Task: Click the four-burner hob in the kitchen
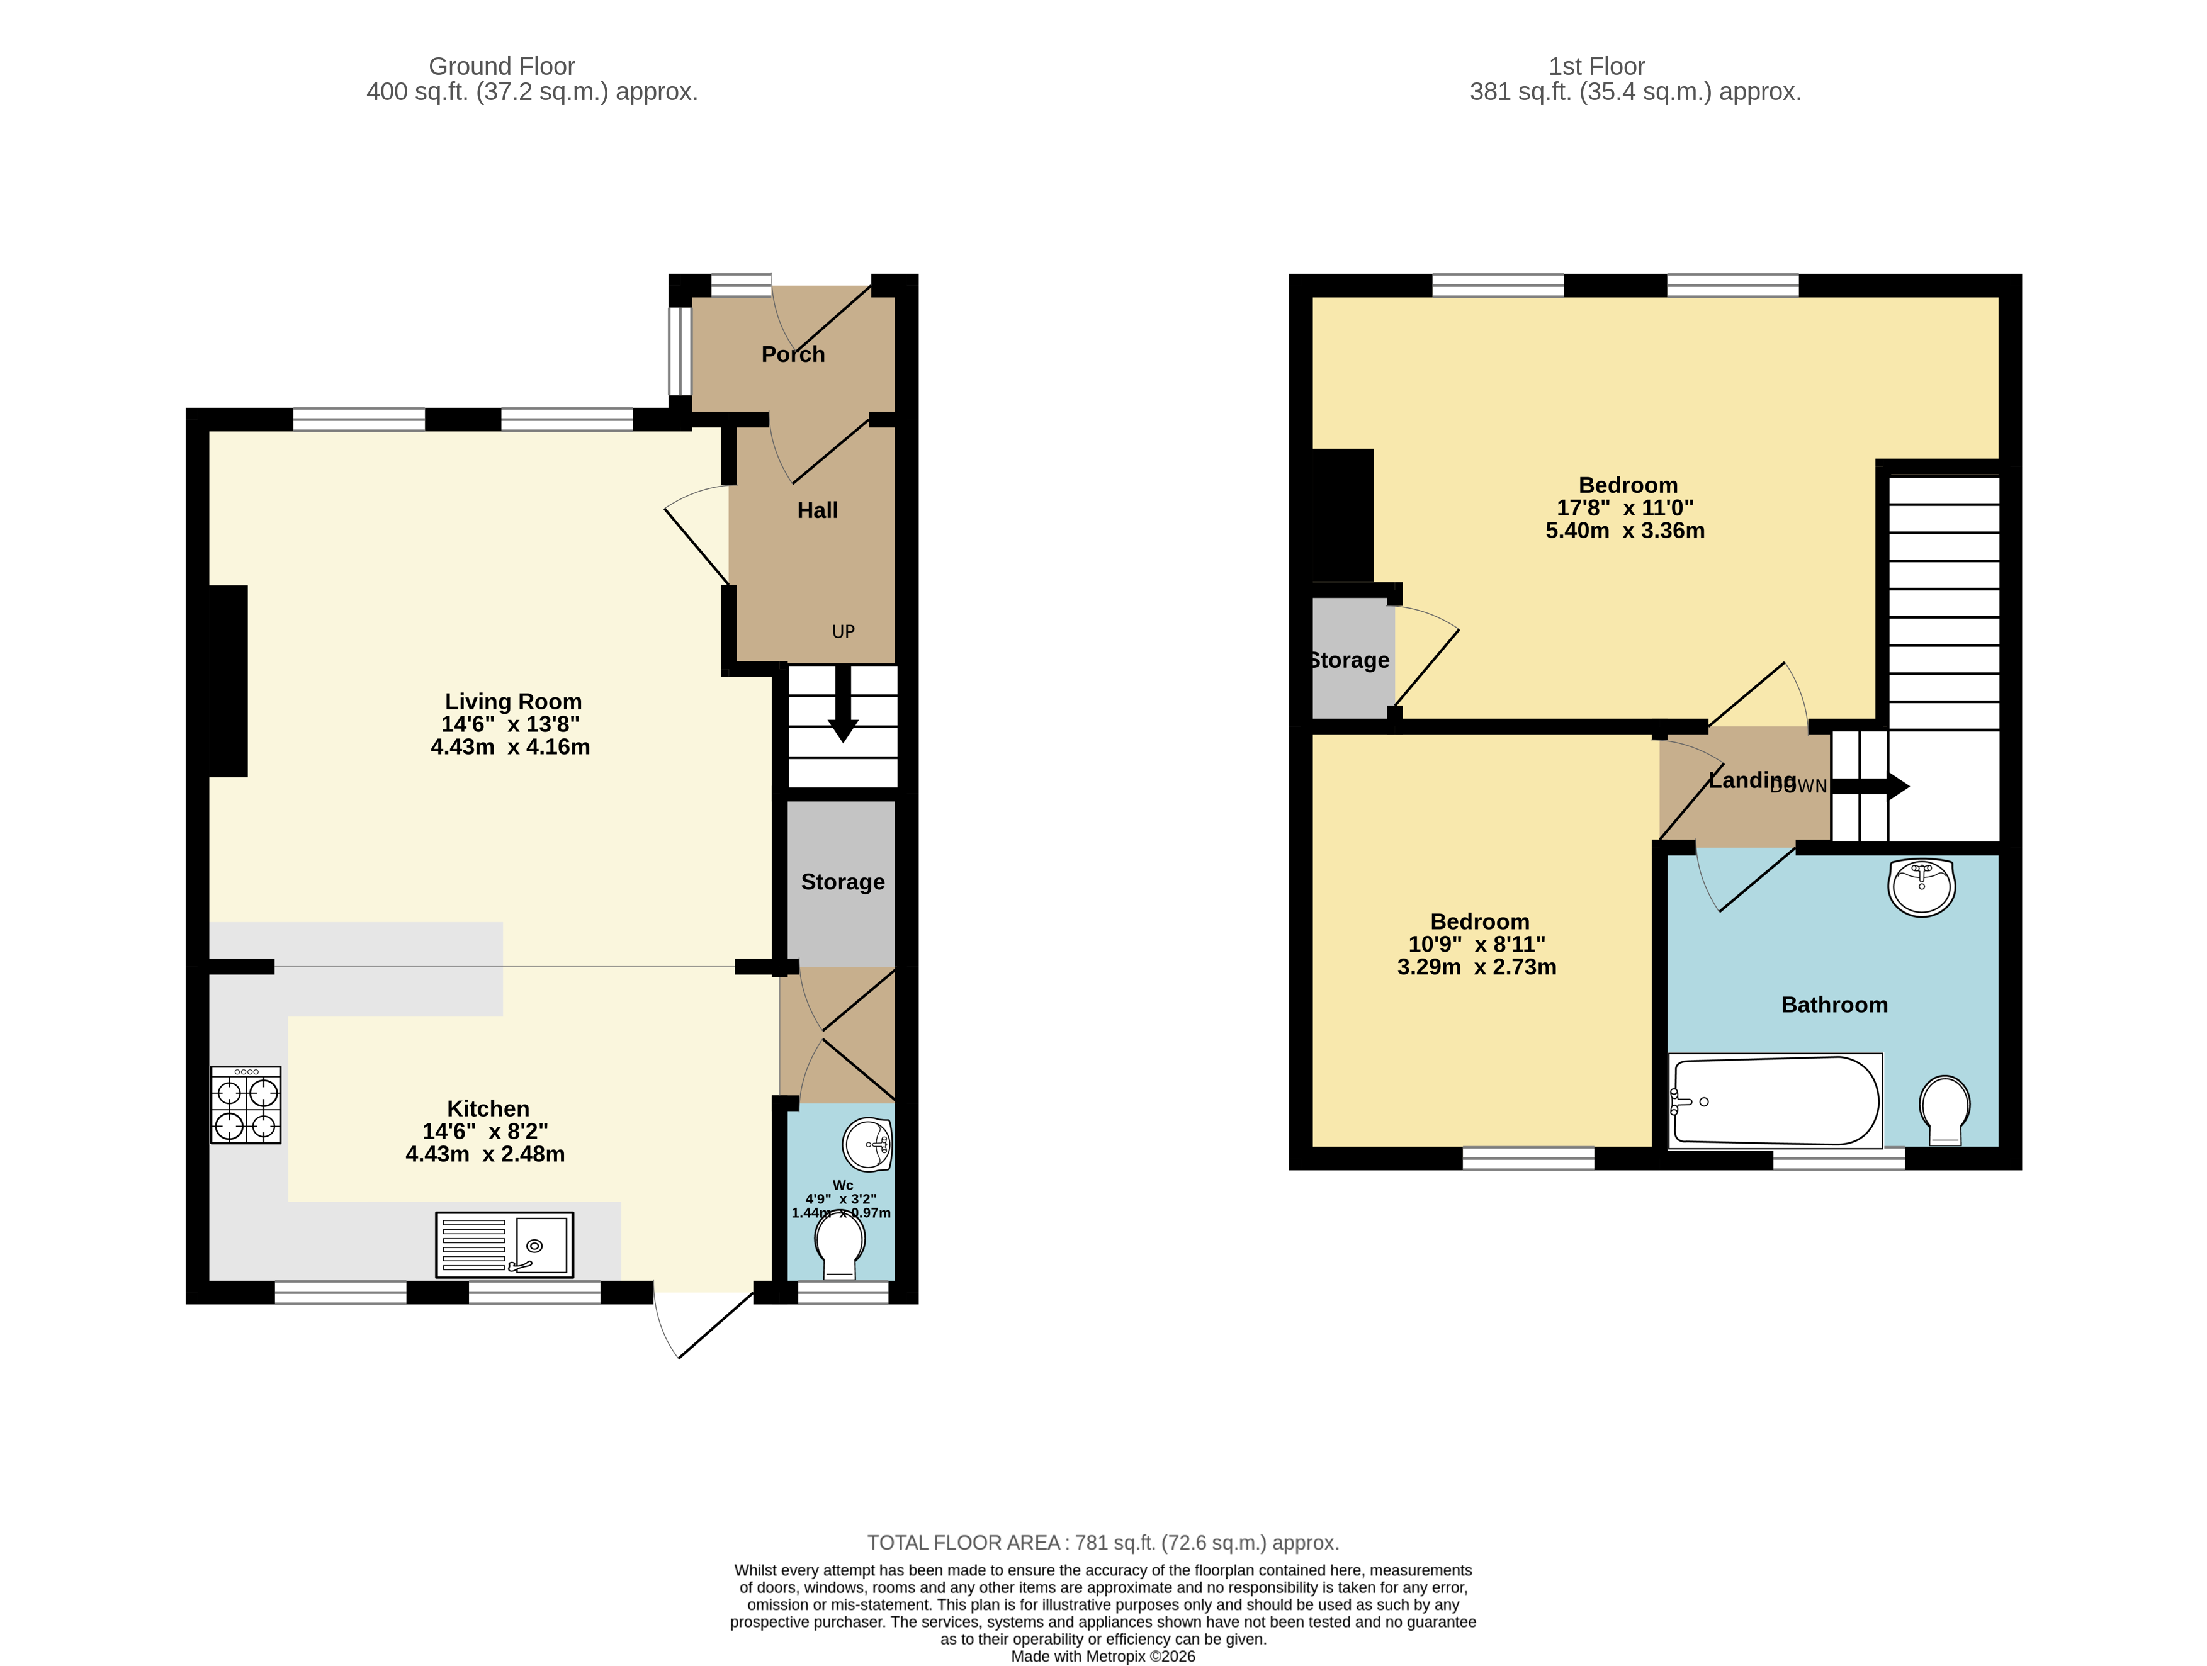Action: tap(246, 1105)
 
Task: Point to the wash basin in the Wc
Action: tap(867, 1144)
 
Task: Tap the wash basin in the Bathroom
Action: tap(1921, 887)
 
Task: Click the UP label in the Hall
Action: tap(843, 631)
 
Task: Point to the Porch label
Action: tap(793, 354)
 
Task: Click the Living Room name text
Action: tap(513, 701)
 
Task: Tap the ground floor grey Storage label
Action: tap(842, 882)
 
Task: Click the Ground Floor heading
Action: tap(502, 67)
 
